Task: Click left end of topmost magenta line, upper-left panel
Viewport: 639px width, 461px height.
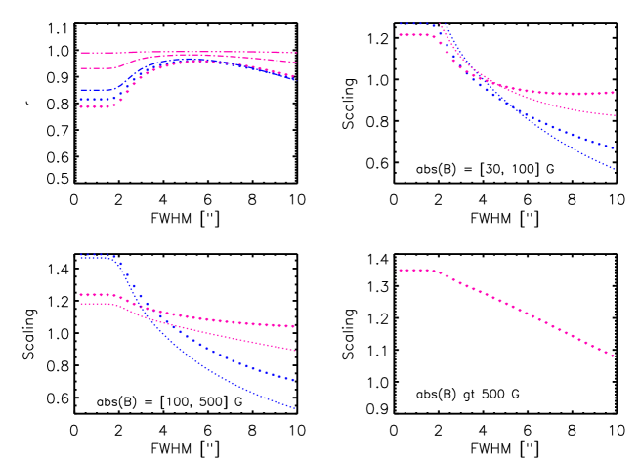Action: (x=80, y=53)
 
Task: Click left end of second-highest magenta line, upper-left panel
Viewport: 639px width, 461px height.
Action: (x=80, y=68)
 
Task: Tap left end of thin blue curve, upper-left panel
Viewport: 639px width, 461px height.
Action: (x=80, y=90)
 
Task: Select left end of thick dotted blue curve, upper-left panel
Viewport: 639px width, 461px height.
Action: (x=80, y=99)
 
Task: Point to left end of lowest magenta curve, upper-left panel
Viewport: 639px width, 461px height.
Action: (x=80, y=106)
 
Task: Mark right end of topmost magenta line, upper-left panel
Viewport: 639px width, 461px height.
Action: (x=295, y=53)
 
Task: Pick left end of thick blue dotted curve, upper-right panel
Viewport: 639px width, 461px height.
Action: (x=401, y=24)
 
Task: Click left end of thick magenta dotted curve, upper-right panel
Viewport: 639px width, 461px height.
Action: (x=401, y=35)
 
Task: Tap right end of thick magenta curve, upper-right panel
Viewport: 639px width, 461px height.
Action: (x=614, y=93)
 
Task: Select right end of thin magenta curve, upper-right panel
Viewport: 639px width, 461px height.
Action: (x=614, y=115)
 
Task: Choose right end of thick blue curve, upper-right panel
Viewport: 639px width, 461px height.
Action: (x=614, y=148)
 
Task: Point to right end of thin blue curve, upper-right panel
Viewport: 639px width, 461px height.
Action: (x=614, y=168)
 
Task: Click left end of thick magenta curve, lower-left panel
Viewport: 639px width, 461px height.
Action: (x=80, y=294)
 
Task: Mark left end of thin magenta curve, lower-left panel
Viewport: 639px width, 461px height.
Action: (x=80, y=303)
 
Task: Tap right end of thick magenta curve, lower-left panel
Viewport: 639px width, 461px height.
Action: (x=294, y=326)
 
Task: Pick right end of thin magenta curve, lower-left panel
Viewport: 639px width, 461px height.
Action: (x=294, y=350)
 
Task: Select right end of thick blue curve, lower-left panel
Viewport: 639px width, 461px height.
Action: (x=294, y=380)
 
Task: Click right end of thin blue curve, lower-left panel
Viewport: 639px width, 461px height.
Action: (x=294, y=407)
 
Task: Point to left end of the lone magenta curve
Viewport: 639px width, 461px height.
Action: (x=401, y=270)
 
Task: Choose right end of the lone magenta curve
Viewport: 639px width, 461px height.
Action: (x=614, y=356)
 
